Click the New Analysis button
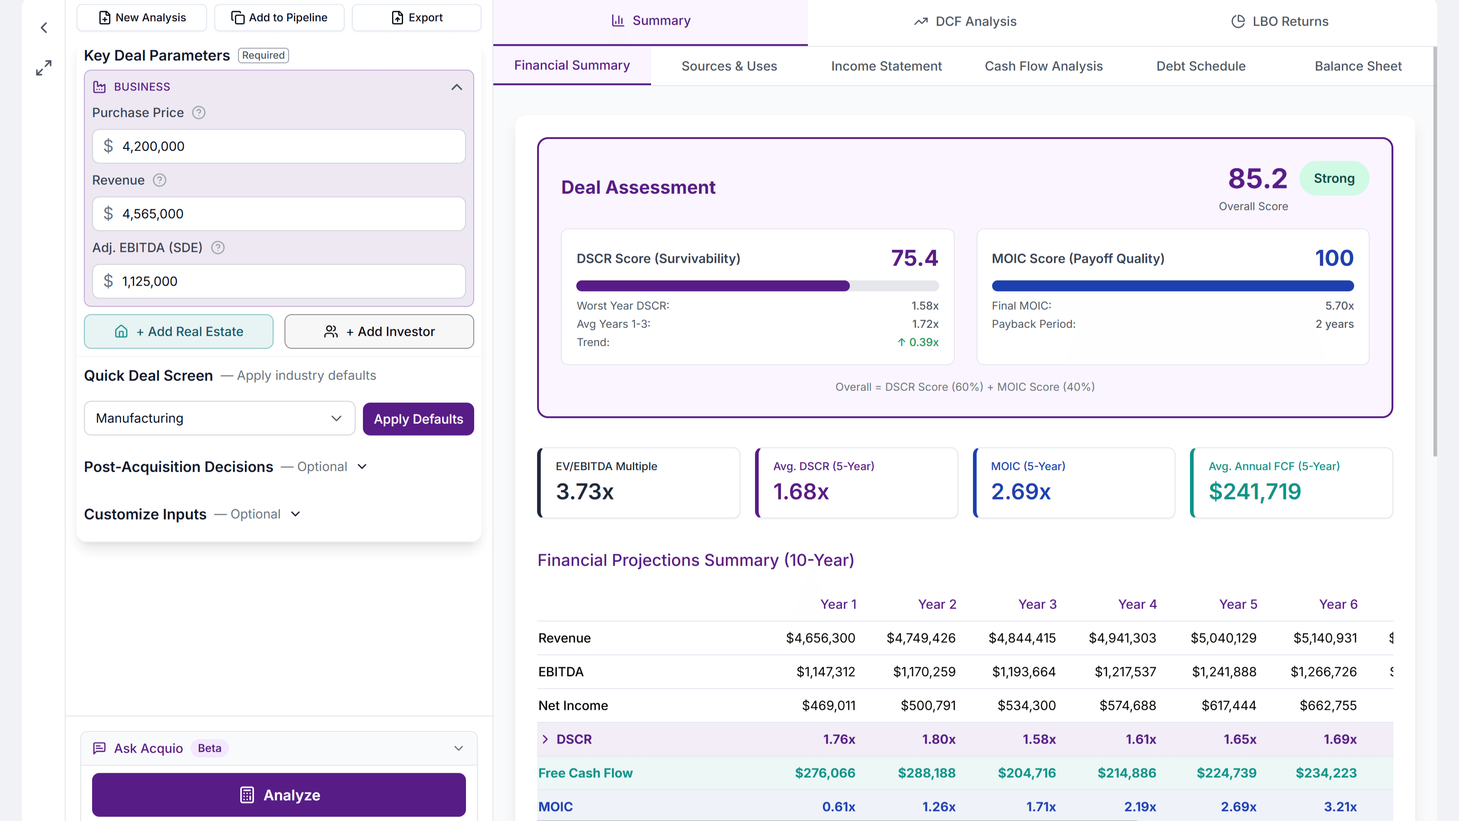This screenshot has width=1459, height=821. [142, 18]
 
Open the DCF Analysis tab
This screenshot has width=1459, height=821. [965, 21]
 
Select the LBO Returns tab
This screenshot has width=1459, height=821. [1279, 21]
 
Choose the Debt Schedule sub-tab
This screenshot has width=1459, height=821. [1201, 66]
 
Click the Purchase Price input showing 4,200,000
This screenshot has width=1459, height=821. [279, 146]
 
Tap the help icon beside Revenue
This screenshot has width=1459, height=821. [160, 180]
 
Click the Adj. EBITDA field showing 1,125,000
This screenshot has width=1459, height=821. [279, 281]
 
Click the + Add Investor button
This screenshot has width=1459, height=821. [379, 332]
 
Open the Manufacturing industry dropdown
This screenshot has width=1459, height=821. [219, 418]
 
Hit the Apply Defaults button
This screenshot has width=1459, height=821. [418, 419]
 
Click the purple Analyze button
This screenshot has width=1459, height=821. [279, 795]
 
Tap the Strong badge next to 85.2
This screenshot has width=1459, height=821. [1334, 178]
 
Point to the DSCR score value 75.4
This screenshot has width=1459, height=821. [914, 258]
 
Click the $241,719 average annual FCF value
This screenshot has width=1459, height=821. [1255, 491]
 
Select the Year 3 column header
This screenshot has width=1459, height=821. [1037, 604]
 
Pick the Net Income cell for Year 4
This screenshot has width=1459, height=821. [1127, 706]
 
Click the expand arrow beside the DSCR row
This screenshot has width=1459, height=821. [545, 739]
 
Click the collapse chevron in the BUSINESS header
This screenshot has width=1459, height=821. [456, 87]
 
